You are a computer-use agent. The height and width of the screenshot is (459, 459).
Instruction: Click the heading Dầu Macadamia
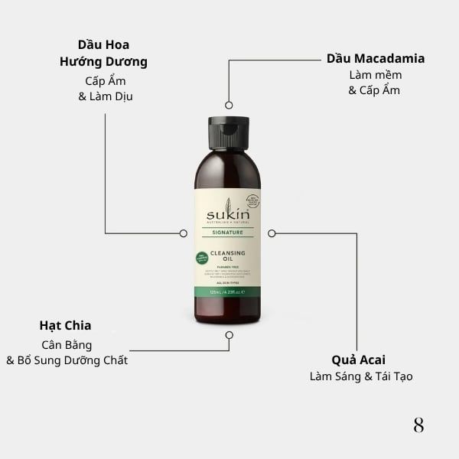click(375, 59)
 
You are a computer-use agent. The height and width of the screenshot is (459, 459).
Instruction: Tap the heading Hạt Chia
click(65, 325)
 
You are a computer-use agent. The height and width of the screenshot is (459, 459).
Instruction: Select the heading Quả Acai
click(358, 360)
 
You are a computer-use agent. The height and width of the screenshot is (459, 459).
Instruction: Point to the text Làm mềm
click(375, 75)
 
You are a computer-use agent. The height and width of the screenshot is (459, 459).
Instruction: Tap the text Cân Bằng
click(67, 344)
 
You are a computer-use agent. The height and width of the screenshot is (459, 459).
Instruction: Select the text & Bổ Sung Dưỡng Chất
click(67, 360)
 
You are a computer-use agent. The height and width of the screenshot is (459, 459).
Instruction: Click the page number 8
click(418, 425)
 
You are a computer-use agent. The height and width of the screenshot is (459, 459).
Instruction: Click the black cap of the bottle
click(228, 132)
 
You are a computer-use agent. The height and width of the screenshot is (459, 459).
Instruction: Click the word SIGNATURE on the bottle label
click(228, 232)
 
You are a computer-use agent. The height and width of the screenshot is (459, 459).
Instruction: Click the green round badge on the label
click(202, 258)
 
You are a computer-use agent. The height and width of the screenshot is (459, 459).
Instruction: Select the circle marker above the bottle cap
click(228, 105)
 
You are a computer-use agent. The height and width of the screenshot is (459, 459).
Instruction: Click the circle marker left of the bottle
click(183, 233)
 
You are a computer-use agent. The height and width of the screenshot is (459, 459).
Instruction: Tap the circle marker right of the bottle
click(272, 233)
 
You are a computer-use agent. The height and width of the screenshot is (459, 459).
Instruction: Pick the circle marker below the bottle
click(229, 334)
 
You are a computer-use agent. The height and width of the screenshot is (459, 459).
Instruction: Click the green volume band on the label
click(228, 291)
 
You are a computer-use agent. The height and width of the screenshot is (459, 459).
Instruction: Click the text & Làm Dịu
click(106, 96)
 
